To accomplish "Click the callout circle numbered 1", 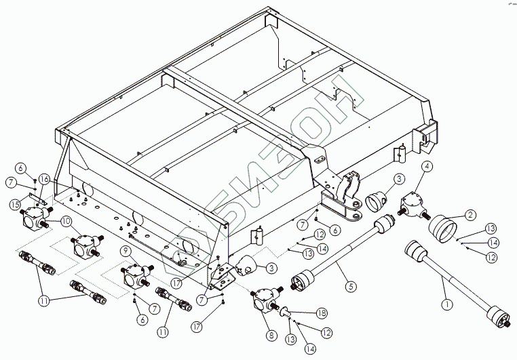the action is tap(446, 304).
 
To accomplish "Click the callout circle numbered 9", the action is tap(126, 249).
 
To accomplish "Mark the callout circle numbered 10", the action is tap(66, 221).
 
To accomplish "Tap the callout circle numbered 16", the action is tap(44, 179).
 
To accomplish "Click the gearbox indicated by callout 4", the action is tap(413, 204).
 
